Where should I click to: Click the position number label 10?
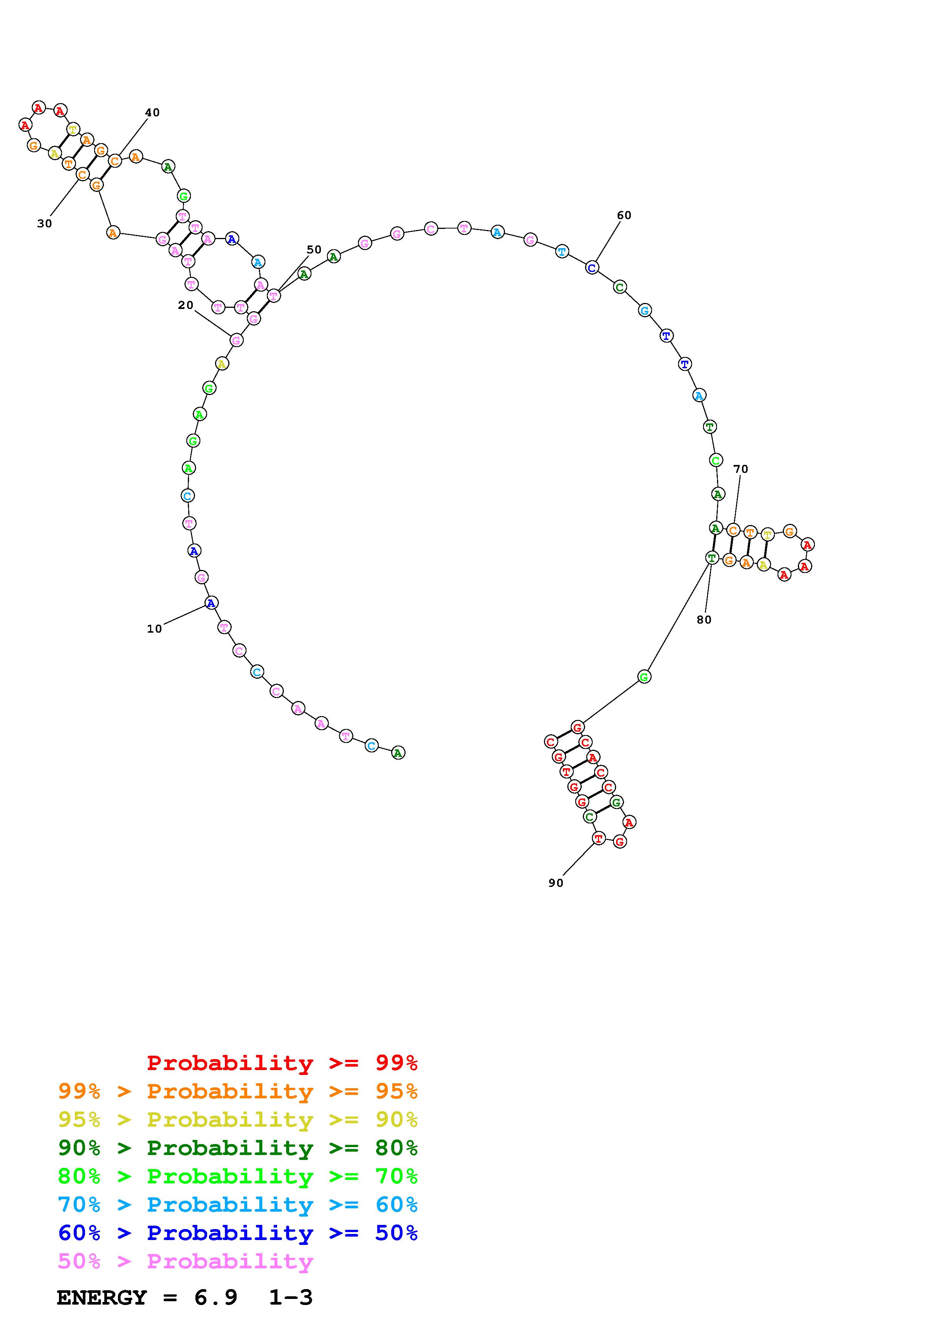[x=154, y=629]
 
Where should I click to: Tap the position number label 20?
[x=185, y=305]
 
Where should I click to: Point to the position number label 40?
[x=152, y=113]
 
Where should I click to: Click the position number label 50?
[x=314, y=250]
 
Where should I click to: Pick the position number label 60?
[x=624, y=215]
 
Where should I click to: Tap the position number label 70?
[x=741, y=469]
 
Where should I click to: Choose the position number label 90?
[x=556, y=883]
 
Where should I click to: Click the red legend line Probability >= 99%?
[x=282, y=1063]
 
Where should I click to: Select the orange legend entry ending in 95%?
[x=238, y=1091]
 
